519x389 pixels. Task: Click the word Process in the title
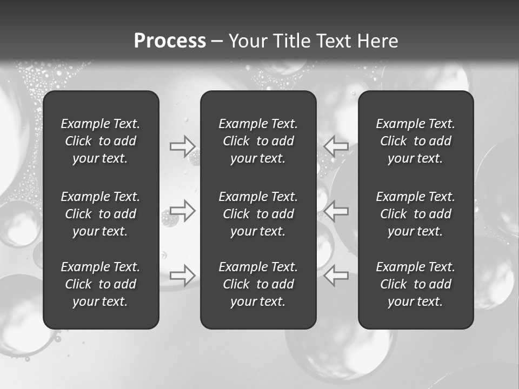(170, 41)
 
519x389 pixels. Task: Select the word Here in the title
(377, 41)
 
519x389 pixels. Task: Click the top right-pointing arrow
(182, 146)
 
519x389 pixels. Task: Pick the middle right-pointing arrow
(182, 210)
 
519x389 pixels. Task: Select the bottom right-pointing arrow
(182, 275)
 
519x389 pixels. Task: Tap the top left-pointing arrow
(336, 146)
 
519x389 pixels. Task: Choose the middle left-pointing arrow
(336, 210)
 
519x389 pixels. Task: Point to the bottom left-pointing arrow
(336, 275)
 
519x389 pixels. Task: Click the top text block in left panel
(101, 141)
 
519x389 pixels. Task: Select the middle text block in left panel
(101, 214)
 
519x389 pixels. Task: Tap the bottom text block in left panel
(101, 284)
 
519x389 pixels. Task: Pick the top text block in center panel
(258, 141)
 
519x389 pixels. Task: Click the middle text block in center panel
(258, 214)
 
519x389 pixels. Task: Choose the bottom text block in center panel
(258, 284)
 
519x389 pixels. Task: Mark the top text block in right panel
(416, 141)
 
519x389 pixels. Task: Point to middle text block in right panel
(416, 214)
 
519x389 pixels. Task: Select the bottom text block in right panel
(416, 284)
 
